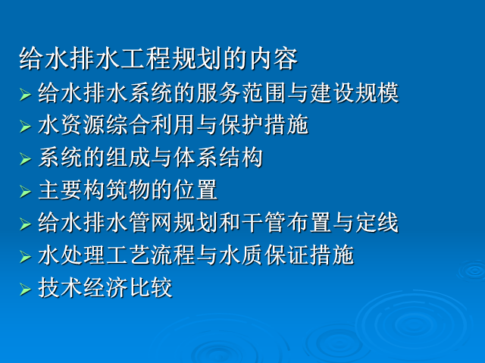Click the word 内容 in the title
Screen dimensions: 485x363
(274, 59)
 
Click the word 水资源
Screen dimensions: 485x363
(71, 125)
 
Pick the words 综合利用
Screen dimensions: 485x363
(151, 125)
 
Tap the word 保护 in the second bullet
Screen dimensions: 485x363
(241, 125)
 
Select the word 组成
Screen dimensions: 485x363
(128, 158)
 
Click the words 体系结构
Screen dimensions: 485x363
(218, 158)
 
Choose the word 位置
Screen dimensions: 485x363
(196, 190)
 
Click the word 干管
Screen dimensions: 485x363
(263, 222)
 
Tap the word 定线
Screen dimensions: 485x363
(377, 222)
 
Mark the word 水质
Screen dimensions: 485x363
(241, 255)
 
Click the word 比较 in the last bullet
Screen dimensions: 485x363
(151, 287)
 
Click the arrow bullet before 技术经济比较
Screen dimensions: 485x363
(25, 289)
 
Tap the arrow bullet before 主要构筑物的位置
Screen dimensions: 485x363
(25, 192)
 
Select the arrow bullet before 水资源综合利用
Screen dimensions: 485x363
(25, 127)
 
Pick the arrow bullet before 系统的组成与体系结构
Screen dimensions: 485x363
(25, 159)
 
